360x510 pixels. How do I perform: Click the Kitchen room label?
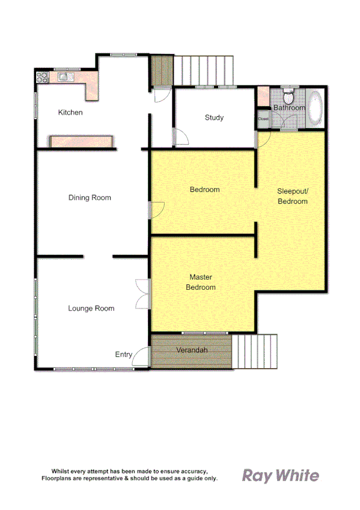tap(70, 112)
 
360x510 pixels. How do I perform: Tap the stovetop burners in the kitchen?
tap(42, 77)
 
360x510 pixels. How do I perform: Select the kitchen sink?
tap(63, 77)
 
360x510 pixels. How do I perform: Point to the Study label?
tap(214, 117)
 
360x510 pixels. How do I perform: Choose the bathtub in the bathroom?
tap(316, 108)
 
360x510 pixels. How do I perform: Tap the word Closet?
tap(263, 119)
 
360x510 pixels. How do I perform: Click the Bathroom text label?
tap(289, 108)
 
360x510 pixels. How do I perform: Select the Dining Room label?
tap(90, 197)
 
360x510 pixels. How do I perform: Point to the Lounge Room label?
tap(91, 309)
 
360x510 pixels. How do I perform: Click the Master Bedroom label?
tap(201, 282)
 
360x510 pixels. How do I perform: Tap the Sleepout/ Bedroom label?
tap(292, 196)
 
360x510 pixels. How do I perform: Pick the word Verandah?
tap(192, 350)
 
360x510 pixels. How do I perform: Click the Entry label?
tap(124, 355)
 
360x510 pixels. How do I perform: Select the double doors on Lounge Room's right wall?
tap(142, 293)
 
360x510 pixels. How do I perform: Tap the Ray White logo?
tap(280, 476)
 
